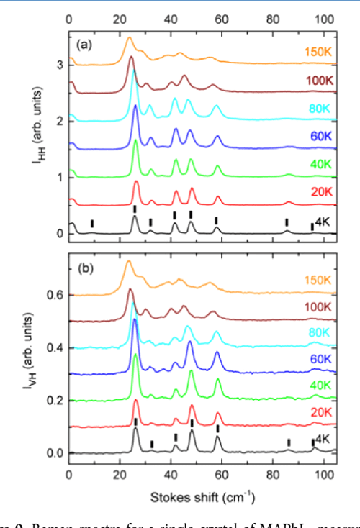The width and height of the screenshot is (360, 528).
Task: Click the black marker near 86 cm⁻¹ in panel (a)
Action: (x=287, y=222)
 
